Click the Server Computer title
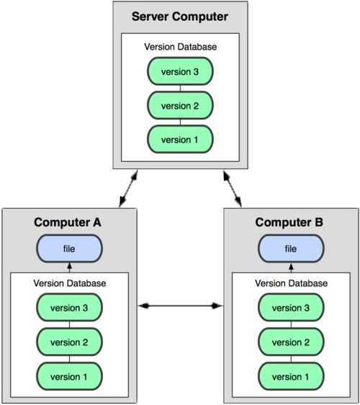tap(179, 16)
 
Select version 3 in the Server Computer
tap(179, 72)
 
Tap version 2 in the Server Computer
tap(179, 105)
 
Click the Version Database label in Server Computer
tap(179, 46)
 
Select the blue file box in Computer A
tap(69, 249)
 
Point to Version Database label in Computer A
tap(69, 283)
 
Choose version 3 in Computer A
tap(69, 308)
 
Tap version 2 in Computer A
tap(69, 342)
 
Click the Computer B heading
tap(291, 222)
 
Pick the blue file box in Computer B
tap(291, 249)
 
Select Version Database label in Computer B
tap(291, 283)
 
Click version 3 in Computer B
tap(291, 308)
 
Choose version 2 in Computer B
tap(291, 342)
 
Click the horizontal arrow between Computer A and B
tap(180, 306)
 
